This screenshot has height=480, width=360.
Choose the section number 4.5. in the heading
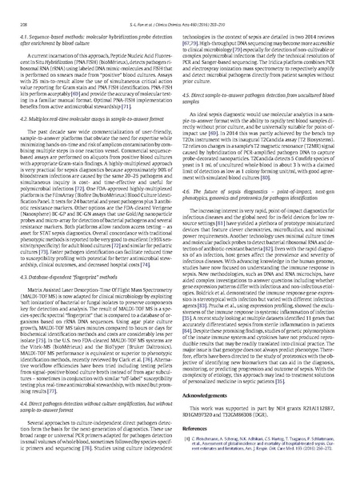pyautogui.click(x=190, y=94)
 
